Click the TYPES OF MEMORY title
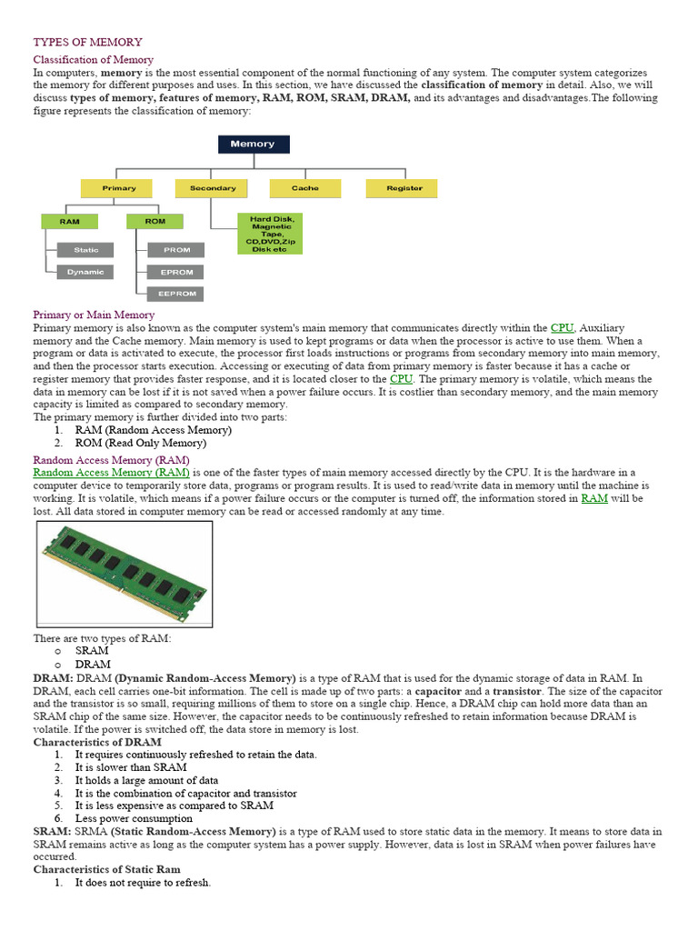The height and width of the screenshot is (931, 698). pos(87,42)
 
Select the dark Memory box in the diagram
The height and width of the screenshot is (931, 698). pos(253,144)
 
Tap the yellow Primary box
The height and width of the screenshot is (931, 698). pos(119,188)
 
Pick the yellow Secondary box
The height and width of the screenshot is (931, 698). pos(213,188)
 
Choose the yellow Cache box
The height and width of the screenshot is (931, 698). pos(304,188)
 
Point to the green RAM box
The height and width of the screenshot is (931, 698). pos(69,221)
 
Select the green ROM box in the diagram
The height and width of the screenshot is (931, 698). pos(155,221)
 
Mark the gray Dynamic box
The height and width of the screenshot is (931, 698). pos(85,272)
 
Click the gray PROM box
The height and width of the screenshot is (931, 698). pos(176,249)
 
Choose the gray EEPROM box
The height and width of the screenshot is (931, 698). pos(176,294)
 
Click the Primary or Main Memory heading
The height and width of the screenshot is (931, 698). pos(94,315)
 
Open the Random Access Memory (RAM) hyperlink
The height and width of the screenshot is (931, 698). pos(111,473)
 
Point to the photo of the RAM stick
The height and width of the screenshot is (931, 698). pos(125,575)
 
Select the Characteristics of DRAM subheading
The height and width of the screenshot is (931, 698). pos(97,742)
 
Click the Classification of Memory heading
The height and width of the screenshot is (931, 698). pos(94,59)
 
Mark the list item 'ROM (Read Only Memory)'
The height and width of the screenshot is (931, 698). pos(140,443)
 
